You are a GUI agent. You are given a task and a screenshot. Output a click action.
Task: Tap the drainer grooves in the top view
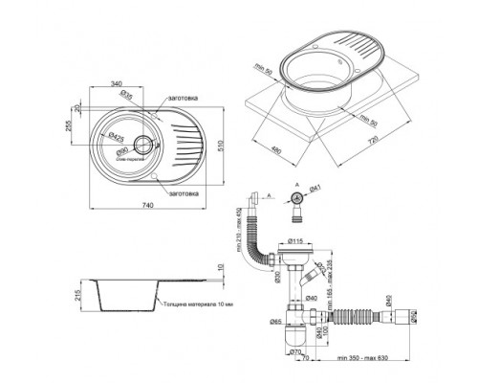(x=189, y=148)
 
